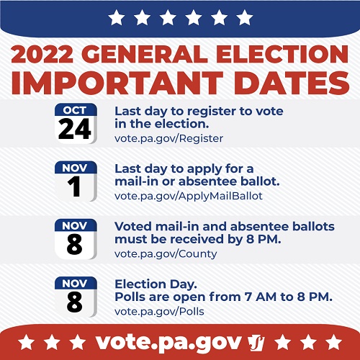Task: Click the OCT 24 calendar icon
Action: [x=76, y=123]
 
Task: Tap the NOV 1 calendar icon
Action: [x=76, y=181]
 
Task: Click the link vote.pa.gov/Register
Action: [x=168, y=138]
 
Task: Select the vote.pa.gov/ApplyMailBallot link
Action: [x=189, y=197]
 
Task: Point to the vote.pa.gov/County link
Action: [x=166, y=254]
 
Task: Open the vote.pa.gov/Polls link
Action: [x=159, y=312]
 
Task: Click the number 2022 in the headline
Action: [x=42, y=54]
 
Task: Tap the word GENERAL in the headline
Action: [x=146, y=54]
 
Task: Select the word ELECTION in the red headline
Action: [x=282, y=54]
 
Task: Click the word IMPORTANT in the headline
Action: [x=117, y=83]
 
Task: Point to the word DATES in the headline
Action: [x=292, y=83]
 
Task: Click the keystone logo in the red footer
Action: [x=256, y=343]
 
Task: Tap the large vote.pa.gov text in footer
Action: [x=168, y=342]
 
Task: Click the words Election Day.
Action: [x=156, y=284]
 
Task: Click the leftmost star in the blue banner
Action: [x=117, y=17]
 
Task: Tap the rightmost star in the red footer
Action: [x=333, y=342]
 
